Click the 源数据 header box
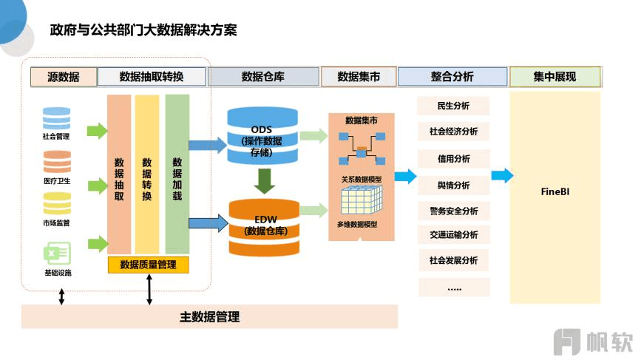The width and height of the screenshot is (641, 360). click(x=64, y=77)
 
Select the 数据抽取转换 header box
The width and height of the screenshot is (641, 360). click(x=152, y=77)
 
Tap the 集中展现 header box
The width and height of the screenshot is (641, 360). click(x=555, y=77)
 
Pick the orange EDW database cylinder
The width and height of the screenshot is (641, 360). click(x=264, y=227)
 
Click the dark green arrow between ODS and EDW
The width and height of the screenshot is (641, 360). click(x=265, y=181)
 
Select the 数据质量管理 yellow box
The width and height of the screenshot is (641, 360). click(x=149, y=265)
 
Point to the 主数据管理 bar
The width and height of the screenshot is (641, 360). click(x=209, y=316)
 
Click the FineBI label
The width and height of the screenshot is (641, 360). click(x=555, y=191)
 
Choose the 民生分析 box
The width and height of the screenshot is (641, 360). click(x=453, y=106)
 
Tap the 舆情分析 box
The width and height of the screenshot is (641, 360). click(x=454, y=186)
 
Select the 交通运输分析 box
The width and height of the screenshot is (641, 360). click(x=454, y=235)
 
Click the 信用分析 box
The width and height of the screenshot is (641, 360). click(x=454, y=158)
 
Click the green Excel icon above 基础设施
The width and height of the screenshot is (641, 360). click(x=57, y=254)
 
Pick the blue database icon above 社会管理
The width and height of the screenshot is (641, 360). click(x=56, y=118)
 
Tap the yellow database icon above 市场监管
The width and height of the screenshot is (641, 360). click(x=57, y=203)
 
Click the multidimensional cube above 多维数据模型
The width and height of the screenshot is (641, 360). click(x=362, y=200)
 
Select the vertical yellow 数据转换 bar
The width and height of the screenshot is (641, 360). click(x=147, y=174)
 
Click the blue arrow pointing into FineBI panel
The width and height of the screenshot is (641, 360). click(x=502, y=176)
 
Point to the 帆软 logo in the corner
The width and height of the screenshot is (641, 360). click(x=593, y=342)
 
